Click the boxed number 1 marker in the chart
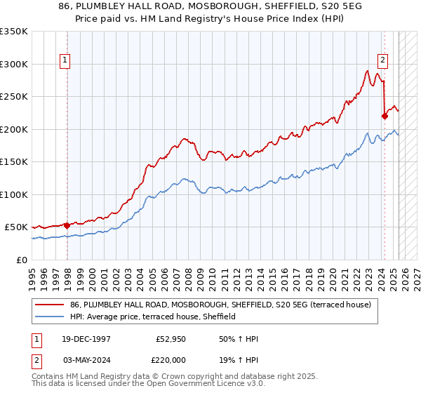click(65, 61)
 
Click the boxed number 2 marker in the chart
click(384, 61)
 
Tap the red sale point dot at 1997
click(67, 225)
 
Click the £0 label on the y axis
click(21, 260)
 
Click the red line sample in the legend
click(51, 305)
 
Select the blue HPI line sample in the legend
click(51, 317)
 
